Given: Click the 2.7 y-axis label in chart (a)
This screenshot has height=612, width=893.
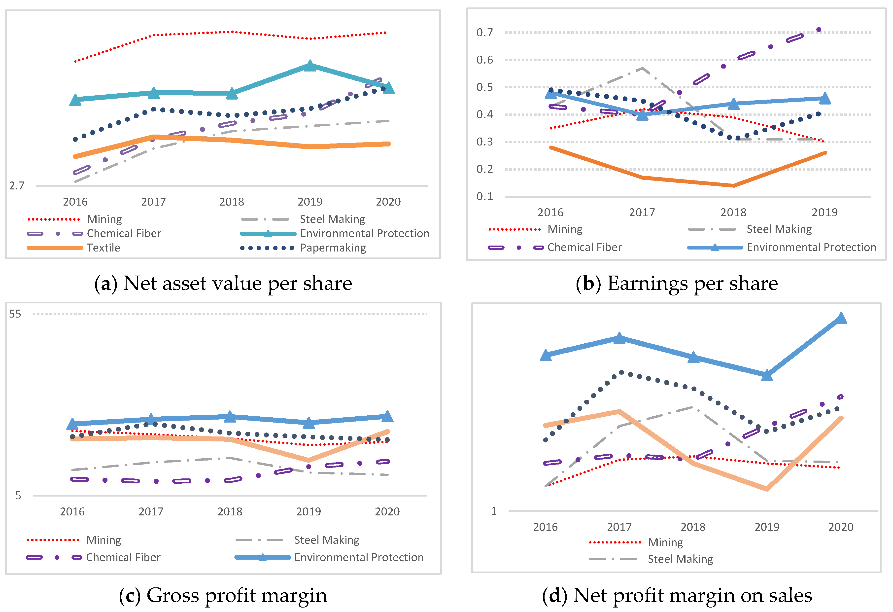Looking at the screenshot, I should point(17,186).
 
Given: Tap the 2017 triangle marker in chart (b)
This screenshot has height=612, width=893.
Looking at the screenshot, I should point(642,114).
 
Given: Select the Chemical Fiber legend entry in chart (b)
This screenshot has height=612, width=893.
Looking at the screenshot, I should point(584,247).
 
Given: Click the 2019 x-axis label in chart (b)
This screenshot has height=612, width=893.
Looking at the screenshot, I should point(824,213).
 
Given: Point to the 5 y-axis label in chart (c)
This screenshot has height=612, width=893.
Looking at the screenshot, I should point(18,496).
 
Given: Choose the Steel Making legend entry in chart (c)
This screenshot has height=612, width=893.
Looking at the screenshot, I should point(327,540).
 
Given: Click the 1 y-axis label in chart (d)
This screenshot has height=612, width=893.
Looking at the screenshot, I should point(494,511).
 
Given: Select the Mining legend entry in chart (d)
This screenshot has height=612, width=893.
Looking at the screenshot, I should point(665,542).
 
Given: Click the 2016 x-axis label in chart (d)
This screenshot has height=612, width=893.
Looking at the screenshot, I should point(545,527).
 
